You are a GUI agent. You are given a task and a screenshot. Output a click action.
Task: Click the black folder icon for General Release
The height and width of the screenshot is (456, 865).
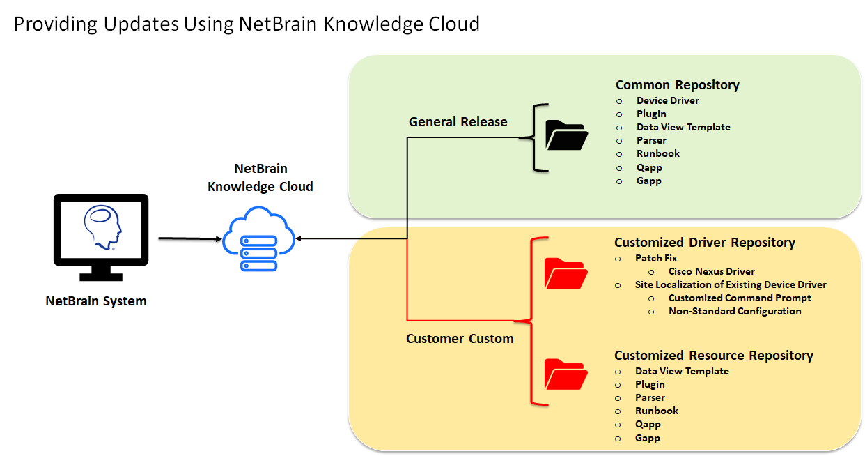point(566,135)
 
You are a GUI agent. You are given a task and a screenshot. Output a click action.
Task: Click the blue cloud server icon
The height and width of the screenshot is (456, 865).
point(258,239)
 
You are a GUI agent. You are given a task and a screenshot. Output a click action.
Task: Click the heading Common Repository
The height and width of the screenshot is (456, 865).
point(677,85)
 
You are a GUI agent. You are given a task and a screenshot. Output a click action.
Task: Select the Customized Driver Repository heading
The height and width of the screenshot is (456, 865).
point(704,243)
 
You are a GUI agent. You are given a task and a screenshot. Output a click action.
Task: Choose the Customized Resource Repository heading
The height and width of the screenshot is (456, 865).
point(713,356)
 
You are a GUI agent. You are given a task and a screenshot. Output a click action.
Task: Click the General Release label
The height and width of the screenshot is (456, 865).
point(458,122)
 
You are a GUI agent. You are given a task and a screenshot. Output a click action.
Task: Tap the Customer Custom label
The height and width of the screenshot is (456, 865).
point(460,339)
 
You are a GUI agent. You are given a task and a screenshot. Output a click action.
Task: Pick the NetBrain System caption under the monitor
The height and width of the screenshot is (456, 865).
point(96,301)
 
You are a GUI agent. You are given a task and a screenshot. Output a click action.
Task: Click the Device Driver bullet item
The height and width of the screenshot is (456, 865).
point(667,100)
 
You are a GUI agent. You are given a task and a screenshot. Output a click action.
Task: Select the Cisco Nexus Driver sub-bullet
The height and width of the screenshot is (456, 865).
point(711,271)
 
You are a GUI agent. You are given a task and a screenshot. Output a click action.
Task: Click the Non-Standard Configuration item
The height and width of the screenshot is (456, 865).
point(735,311)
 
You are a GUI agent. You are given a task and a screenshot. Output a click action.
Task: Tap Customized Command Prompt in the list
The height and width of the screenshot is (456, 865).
point(740,298)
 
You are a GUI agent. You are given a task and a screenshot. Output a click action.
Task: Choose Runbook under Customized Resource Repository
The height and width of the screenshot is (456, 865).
point(656,411)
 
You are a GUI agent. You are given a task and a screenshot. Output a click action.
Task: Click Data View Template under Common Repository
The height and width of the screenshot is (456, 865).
point(683,127)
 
